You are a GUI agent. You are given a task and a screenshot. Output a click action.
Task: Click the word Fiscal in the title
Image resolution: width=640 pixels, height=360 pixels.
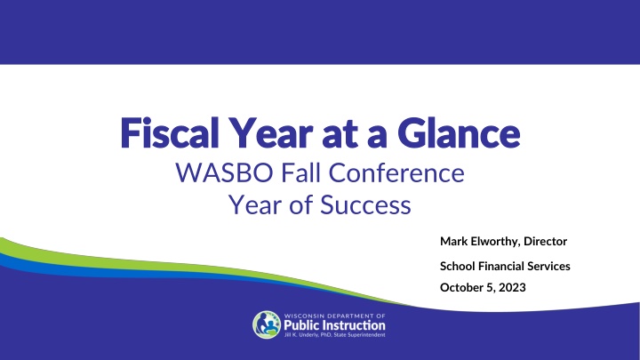[x=170, y=132]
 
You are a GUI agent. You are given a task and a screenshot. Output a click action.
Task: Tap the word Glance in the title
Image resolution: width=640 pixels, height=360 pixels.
[x=459, y=132]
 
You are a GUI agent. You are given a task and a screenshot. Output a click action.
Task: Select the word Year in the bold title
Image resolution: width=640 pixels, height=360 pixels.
[x=270, y=132]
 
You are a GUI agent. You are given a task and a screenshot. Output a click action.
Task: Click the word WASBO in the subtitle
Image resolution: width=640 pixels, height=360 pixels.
[x=224, y=172]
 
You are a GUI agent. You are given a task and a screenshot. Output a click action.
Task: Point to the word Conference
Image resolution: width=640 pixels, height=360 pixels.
[x=396, y=172]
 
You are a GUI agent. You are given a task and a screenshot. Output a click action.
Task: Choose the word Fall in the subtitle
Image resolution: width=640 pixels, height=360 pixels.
[x=300, y=172]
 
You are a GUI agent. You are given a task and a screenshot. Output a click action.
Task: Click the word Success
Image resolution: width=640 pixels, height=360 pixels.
[x=365, y=204]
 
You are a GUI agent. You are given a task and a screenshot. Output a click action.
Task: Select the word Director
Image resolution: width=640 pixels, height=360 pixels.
[x=545, y=241]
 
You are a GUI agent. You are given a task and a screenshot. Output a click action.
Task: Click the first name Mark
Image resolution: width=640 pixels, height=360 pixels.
[x=454, y=241]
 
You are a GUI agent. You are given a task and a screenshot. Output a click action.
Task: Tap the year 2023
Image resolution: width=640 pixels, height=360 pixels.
[x=512, y=287]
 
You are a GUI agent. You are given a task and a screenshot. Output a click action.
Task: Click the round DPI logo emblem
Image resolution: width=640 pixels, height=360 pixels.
[x=267, y=325]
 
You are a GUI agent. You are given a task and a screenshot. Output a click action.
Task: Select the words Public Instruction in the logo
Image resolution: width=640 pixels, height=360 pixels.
[x=334, y=325]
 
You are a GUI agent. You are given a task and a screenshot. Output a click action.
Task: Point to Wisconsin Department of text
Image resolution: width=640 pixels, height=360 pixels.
[x=334, y=316]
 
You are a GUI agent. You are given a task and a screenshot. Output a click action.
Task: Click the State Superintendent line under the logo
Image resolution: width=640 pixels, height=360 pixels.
[x=334, y=335]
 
